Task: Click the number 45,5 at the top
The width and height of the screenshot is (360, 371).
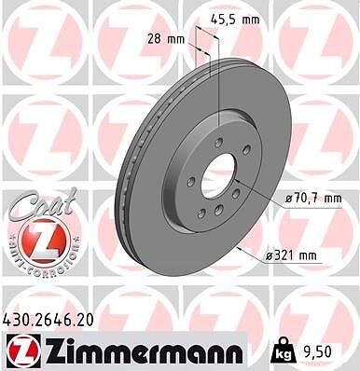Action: [222, 21]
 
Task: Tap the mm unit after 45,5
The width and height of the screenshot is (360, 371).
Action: [251, 21]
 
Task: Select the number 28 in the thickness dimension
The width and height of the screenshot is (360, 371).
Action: [154, 39]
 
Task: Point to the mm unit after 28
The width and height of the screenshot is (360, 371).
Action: [176, 40]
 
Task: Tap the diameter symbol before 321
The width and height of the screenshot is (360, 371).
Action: [269, 256]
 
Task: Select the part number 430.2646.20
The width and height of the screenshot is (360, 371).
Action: [48, 321]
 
